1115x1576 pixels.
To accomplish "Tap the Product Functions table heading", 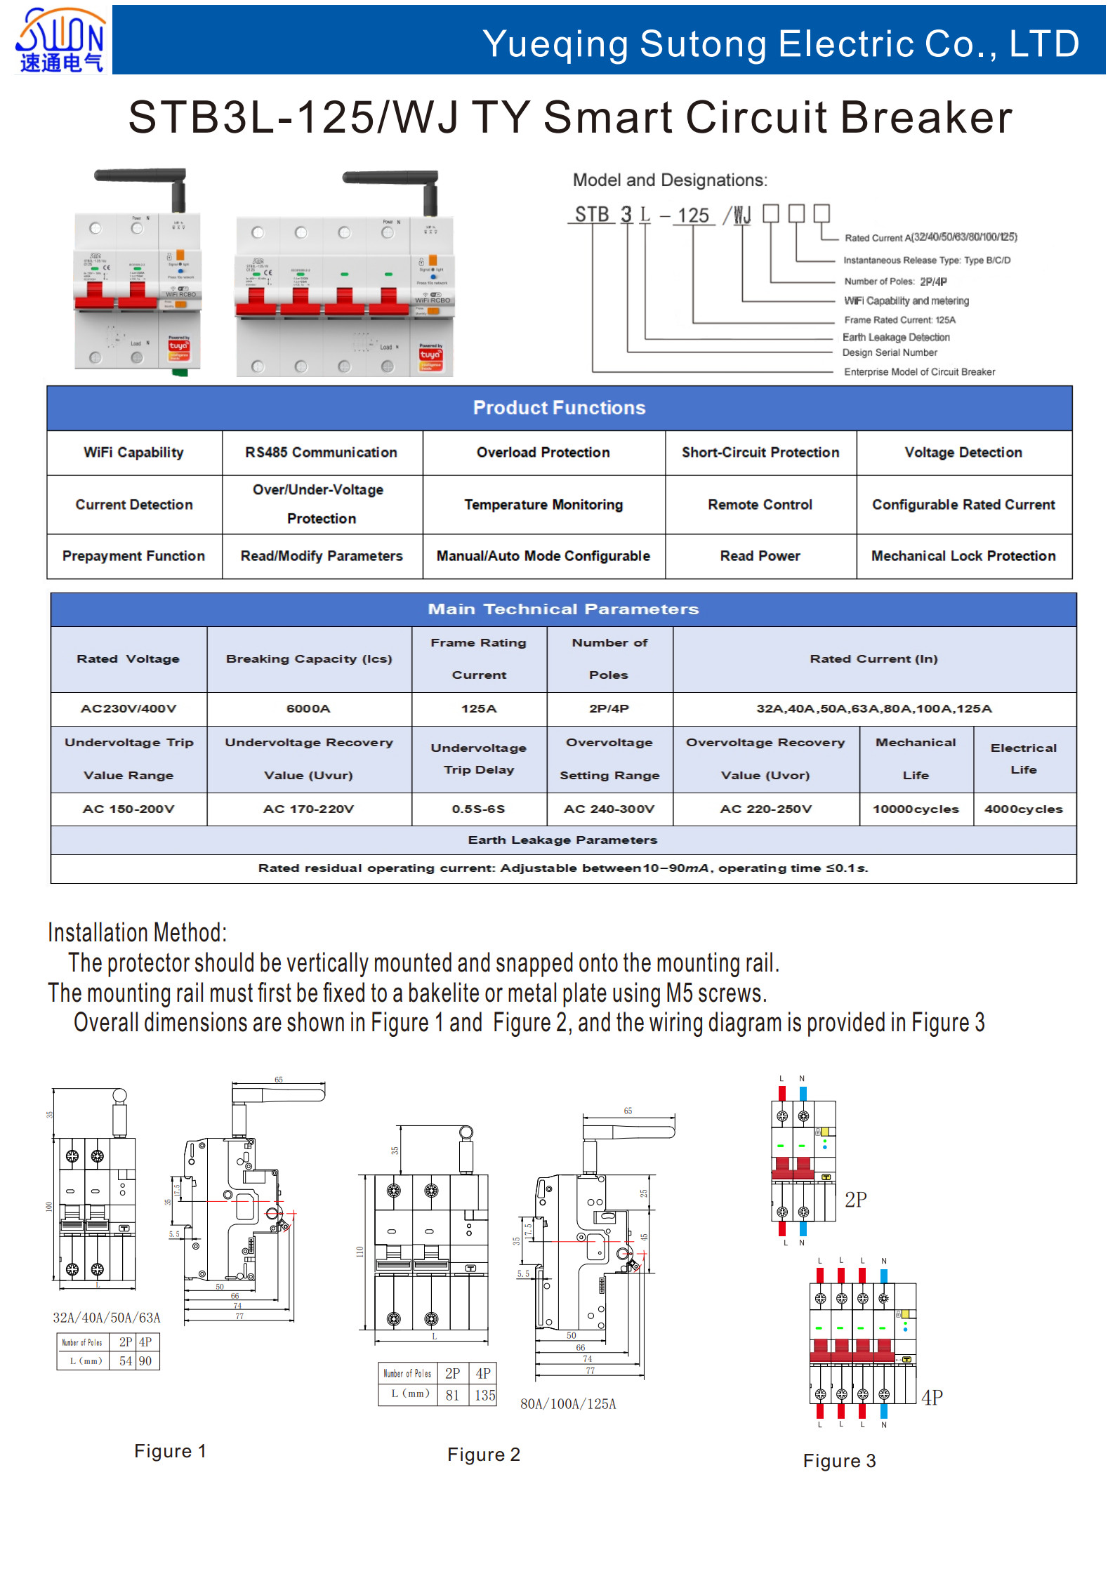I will point(559,408).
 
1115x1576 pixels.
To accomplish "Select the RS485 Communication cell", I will point(321,453).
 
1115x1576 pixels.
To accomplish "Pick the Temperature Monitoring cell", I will point(543,505).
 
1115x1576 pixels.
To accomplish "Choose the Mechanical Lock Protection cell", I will point(963,556).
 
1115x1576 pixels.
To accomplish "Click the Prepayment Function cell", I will point(133,556).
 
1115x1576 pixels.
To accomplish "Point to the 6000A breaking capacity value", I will point(308,709).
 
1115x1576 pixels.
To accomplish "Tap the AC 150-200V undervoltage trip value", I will point(128,809).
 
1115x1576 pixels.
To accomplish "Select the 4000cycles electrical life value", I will point(1023,809).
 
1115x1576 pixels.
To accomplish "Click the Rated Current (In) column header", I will point(873,658).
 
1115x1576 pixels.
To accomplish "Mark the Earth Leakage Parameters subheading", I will point(562,840).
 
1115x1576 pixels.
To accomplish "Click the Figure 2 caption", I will point(484,1455).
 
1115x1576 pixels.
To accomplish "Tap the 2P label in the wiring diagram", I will point(855,1200).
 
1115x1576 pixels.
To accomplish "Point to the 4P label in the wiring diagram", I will point(932,1398).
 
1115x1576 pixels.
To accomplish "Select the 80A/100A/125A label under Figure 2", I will point(567,1404).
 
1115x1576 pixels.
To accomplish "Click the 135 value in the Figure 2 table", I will point(484,1396).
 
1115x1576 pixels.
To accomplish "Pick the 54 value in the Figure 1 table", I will point(126,1360).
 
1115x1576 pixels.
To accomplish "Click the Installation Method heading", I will point(138,933).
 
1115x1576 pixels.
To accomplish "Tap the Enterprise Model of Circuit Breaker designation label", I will point(919,372).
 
